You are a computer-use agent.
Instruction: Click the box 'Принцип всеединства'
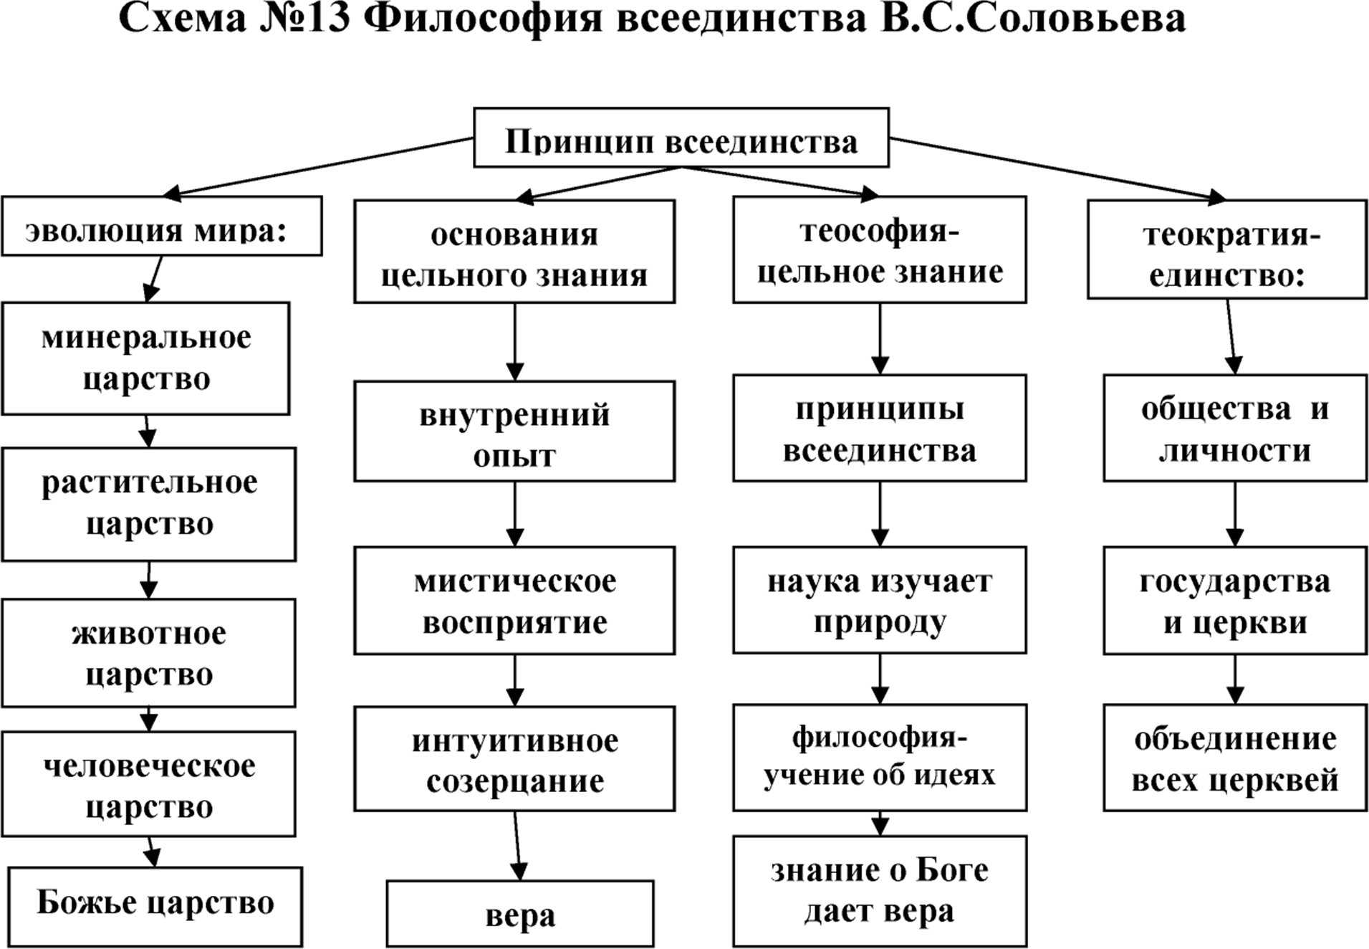[681, 138]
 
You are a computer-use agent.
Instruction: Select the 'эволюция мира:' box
[161, 226]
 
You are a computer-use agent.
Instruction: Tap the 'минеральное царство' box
[145, 358]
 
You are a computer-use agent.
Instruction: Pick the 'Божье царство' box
[155, 906]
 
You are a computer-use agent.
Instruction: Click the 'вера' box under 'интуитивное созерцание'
[519, 914]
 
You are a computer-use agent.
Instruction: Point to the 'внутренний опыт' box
[514, 431]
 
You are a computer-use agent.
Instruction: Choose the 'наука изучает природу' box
[879, 600]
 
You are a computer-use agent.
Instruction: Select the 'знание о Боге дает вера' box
[879, 891]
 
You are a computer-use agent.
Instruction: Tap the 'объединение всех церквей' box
[1234, 758]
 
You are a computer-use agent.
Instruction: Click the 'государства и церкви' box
[1234, 601]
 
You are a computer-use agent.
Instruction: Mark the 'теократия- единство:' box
[1226, 249]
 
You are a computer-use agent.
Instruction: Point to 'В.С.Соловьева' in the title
[1033, 19]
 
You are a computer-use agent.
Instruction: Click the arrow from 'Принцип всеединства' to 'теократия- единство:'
[1057, 168]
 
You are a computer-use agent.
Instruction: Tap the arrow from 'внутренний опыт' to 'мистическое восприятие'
[514, 514]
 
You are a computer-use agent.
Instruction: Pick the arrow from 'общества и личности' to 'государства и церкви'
[1234, 514]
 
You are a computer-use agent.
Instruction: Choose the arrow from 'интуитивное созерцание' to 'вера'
[517, 846]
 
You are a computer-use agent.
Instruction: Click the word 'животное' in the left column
[148, 634]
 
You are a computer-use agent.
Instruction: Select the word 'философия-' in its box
[879, 738]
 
